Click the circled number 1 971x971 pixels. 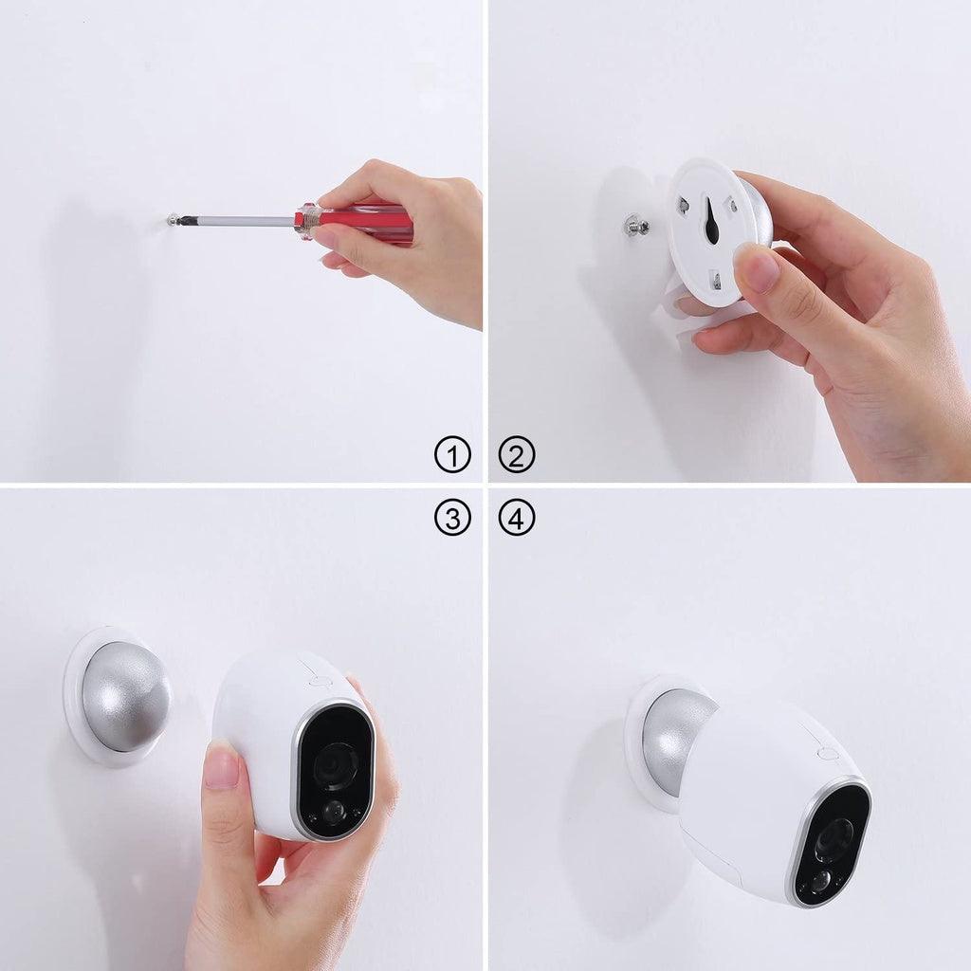(452, 456)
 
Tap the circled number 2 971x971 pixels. (517, 456)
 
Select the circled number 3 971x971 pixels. (452, 518)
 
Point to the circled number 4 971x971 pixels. (517, 518)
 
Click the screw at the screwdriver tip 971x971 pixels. (171, 219)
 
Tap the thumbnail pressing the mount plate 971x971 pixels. (760, 268)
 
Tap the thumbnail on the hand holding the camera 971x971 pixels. (221, 763)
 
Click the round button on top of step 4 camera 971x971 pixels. (827, 753)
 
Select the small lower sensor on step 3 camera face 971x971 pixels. (332, 811)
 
